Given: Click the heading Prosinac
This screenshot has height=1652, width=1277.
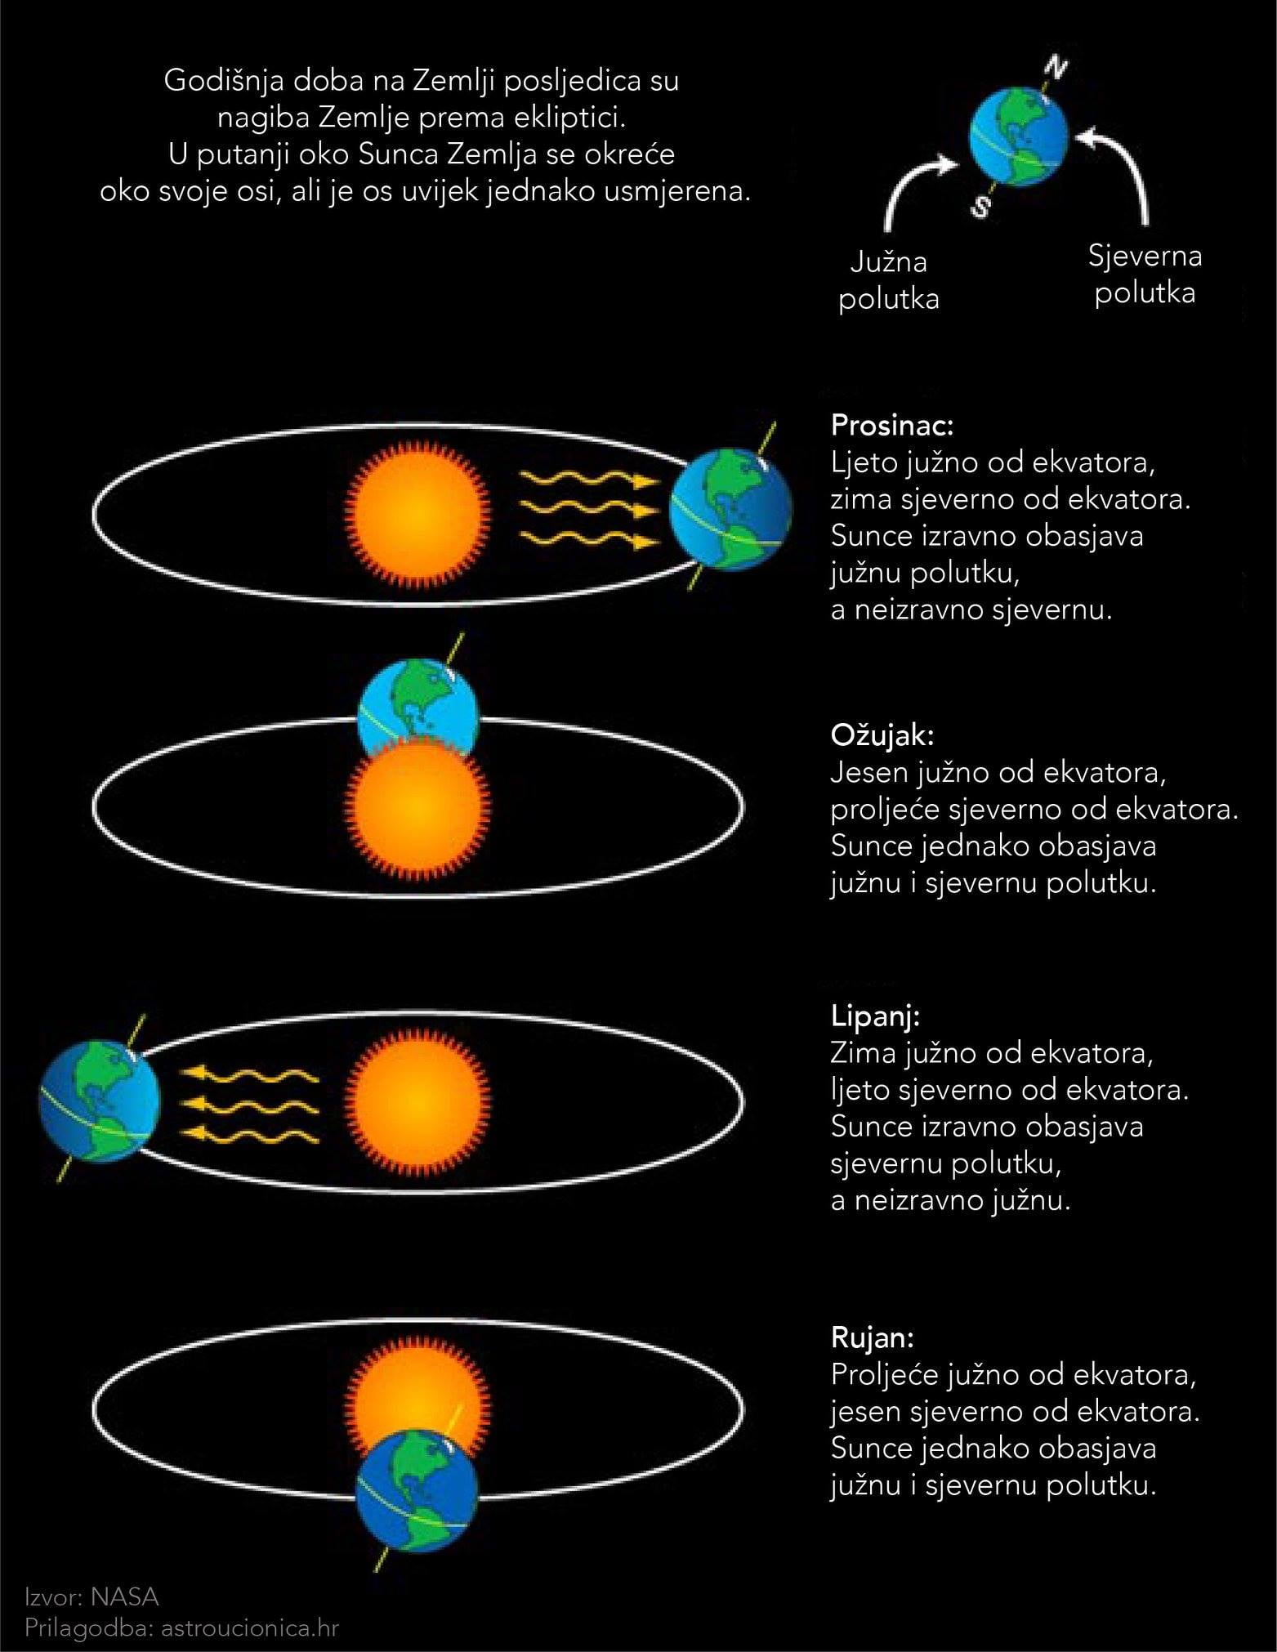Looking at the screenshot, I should click(892, 426).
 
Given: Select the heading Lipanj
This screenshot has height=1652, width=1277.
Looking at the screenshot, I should click(876, 1016).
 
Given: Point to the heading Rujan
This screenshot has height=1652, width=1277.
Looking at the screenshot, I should click(872, 1337).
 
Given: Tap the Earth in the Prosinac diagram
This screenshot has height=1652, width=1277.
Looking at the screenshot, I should click(730, 509).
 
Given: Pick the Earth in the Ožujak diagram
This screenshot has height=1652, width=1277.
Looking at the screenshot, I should click(417, 706).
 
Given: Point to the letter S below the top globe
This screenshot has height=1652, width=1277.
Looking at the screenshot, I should click(980, 208).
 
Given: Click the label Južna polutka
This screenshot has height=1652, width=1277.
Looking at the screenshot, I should click(889, 280).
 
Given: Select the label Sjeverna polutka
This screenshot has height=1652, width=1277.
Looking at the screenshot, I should click(1145, 275).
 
